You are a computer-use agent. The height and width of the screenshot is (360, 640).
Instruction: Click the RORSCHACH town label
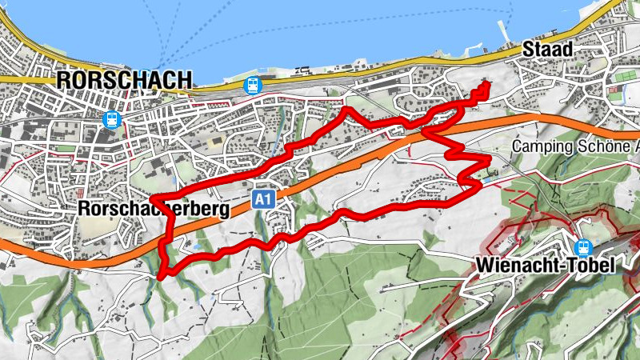(125, 80)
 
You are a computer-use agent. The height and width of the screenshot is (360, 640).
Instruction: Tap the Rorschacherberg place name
(154, 209)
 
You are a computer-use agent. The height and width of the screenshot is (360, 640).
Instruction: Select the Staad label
(547, 49)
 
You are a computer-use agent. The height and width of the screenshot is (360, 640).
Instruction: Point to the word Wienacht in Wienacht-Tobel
(512, 266)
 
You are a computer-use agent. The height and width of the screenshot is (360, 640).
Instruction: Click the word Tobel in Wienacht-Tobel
(592, 266)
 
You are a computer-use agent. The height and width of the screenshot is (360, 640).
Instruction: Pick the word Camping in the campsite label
(540, 147)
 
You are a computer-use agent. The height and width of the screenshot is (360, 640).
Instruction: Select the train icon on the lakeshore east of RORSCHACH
(253, 85)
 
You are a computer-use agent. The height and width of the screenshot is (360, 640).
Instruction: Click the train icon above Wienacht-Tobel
(584, 247)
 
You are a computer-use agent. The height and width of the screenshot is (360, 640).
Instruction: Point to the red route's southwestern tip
(161, 277)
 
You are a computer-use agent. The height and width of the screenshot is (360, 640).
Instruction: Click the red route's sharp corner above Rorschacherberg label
(152, 198)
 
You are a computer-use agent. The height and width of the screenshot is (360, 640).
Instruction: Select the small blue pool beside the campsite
(486, 161)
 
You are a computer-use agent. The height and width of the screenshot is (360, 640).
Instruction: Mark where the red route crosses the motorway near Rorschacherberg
(167, 237)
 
